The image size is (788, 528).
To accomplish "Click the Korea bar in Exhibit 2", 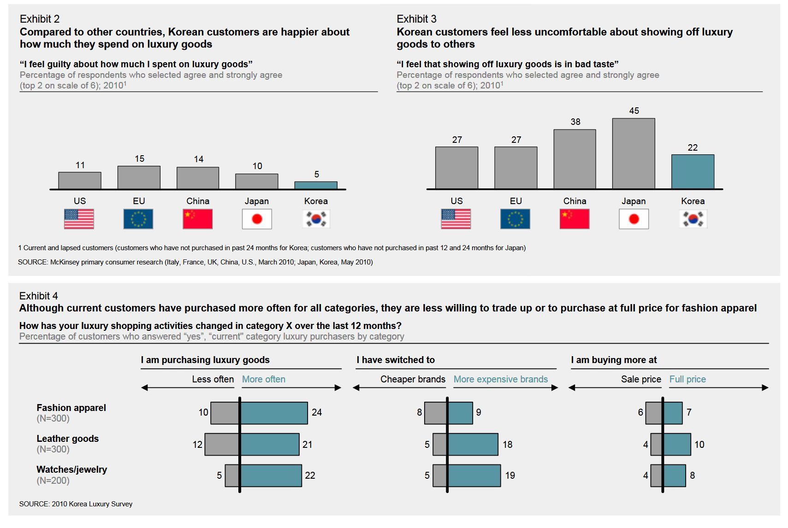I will (316, 185).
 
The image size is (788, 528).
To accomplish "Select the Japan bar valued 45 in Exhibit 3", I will (634, 153).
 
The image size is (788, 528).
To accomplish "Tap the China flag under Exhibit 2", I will (197, 219).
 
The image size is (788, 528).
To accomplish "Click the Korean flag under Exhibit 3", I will (693, 219).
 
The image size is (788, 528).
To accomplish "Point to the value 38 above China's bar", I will (575, 122).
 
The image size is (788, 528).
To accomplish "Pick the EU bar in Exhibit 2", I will (139, 177).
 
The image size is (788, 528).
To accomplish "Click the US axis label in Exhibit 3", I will (456, 201).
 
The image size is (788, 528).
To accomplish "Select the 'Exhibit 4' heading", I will (39, 296).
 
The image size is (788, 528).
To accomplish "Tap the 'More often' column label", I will (264, 379).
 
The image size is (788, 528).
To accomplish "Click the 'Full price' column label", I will (687, 379).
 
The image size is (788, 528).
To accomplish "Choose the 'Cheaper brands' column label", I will (413, 379).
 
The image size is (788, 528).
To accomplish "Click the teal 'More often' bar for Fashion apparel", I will (274, 413).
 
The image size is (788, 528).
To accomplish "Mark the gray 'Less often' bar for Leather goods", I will (222, 444).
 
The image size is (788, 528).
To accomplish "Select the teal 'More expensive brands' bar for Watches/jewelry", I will (474, 475).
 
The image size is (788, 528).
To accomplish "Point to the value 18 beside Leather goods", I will (507, 445).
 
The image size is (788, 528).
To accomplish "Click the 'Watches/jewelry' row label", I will (72, 469).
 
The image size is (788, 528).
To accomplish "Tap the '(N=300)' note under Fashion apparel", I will (53, 418).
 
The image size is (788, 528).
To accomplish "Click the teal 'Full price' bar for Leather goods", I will (677, 444).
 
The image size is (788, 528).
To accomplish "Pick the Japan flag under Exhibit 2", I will (257, 219).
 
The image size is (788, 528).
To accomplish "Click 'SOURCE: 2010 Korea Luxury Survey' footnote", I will (76, 504).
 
